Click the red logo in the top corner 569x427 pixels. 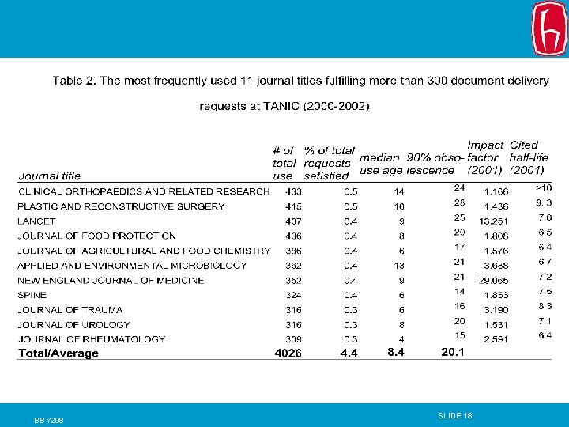549,28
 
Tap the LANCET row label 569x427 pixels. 36,221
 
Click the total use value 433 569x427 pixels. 293,191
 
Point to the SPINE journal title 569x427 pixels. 32,295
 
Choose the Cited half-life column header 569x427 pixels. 529,157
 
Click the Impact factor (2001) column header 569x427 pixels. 484,157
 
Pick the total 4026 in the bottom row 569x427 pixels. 288,353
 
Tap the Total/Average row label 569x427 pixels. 58,353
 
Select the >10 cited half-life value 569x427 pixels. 544,187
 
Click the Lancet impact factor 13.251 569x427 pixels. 494,221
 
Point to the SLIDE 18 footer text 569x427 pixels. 455,415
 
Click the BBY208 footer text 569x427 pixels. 49,420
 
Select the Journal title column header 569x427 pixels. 49,176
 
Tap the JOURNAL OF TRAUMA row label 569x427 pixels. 70,310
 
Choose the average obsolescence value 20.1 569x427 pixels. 453,352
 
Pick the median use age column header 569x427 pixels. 381,164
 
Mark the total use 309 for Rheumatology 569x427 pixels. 293,339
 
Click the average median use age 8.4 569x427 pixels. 396,352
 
